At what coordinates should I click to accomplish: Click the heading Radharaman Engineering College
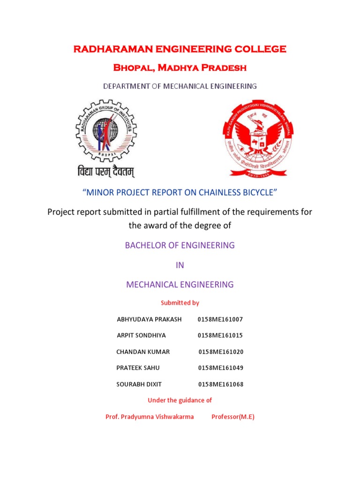[x=180, y=49]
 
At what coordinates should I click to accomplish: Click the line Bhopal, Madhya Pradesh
[x=180, y=68]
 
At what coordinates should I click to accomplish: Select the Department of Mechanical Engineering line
[x=180, y=86]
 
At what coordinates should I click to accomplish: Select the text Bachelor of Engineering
[x=180, y=245]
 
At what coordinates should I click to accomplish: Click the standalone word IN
[x=180, y=265]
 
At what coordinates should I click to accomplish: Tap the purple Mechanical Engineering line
[x=180, y=284]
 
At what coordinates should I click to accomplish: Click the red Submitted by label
[x=180, y=303]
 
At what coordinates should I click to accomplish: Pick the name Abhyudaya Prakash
[x=149, y=319]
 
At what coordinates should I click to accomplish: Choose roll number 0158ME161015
[x=220, y=336]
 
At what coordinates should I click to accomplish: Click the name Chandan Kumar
[x=143, y=352]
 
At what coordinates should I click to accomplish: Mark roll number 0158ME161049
[x=221, y=368]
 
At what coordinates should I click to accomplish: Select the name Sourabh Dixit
[x=139, y=384]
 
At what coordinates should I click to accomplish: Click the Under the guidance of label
[x=180, y=400]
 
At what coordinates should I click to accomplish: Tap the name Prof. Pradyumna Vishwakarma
[x=150, y=417]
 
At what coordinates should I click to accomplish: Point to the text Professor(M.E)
[x=233, y=417]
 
